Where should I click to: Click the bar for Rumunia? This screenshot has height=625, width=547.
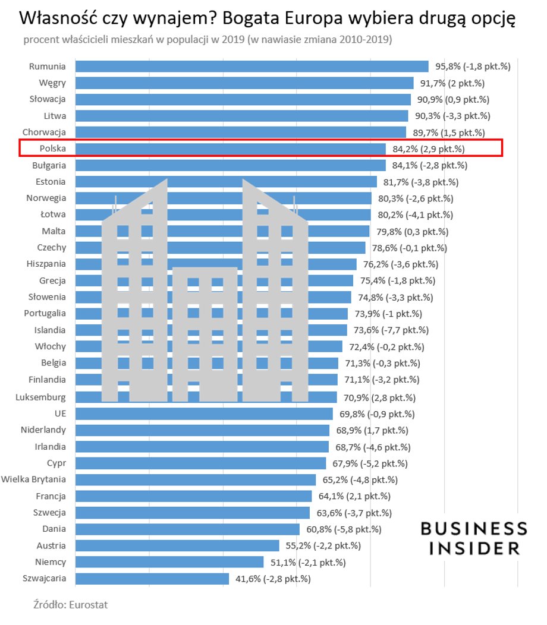click(x=252, y=67)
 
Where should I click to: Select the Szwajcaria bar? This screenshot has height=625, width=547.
click(x=152, y=578)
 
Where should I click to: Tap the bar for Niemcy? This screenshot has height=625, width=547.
click(x=169, y=561)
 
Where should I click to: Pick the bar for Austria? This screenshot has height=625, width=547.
click(x=177, y=545)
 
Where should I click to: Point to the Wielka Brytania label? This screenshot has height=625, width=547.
click(x=34, y=479)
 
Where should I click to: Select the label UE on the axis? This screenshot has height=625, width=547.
click(x=60, y=413)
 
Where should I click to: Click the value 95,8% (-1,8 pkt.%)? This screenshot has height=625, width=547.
click(x=473, y=67)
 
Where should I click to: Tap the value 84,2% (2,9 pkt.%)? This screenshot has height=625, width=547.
click(x=429, y=149)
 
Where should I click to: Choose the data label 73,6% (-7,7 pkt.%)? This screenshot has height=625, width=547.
click(x=391, y=330)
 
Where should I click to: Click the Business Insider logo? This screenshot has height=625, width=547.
click(x=474, y=538)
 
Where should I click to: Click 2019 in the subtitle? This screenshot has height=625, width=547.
click(x=230, y=40)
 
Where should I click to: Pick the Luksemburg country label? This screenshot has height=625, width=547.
click(x=41, y=397)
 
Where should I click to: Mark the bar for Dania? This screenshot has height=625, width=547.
click(x=187, y=529)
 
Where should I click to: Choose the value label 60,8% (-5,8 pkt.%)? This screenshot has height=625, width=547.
click(x=342, y=529)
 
